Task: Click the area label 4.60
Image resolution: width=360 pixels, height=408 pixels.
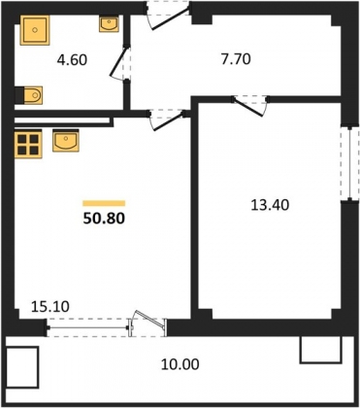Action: coord(72,60)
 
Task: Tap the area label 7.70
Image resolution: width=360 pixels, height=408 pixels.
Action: coord(236,59)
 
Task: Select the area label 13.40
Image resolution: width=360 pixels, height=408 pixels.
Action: coord(270,205)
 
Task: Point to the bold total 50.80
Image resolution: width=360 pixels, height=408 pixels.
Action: coord(104,219)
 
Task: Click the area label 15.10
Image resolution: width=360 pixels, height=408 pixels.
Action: coord(50,306)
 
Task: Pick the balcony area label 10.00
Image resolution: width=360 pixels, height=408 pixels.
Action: coord(180,365)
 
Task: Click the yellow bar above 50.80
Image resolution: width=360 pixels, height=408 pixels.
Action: coord(104,203)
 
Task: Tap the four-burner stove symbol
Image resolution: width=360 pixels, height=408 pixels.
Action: coord(28,143)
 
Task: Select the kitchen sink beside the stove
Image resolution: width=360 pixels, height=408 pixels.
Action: coord(66,140)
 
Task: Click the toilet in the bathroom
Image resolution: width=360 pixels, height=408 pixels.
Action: coord(29,95)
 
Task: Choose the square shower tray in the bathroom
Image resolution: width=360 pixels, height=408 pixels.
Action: coord(35,30)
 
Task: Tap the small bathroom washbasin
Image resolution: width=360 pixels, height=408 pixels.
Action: coord(109,23)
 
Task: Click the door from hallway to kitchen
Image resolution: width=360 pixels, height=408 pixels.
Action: coord(168,120)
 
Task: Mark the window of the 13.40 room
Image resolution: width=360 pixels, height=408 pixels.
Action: coord(349,163)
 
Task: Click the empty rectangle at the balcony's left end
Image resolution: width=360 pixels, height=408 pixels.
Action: coord(22,367)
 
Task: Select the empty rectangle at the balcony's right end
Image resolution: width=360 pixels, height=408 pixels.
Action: coord(321,350)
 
